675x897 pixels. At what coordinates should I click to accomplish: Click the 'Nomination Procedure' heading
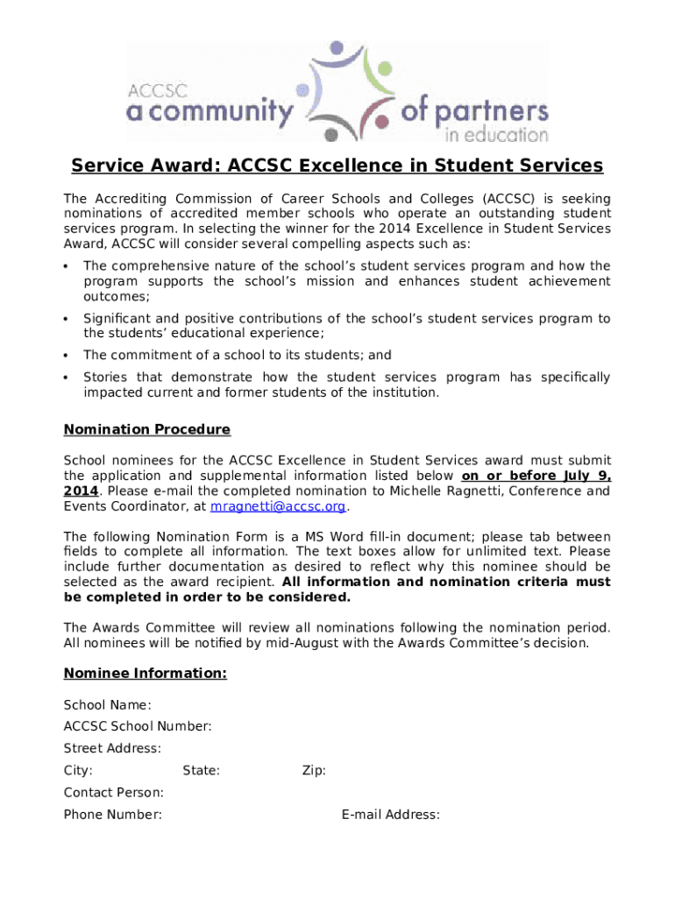pyautogui.click(x=147, y=429)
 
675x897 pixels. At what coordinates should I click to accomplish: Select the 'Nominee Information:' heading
pyautogui.click(x=146, y=673)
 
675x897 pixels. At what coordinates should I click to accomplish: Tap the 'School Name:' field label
pyautogui.click(x=107, y=705)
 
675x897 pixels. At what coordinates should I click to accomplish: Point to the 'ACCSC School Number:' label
pyautogui.click(x=138, y=726)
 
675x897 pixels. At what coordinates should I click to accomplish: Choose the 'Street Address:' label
pyautogui.click(x=112, y=748)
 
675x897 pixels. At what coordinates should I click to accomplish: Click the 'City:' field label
pyautogui.click(x=79, y=771)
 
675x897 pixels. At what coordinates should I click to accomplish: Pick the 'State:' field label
pyautogui.click(x=201, y=771)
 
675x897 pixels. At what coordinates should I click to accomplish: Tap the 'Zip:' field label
pyautogui.click(x=314, y=771)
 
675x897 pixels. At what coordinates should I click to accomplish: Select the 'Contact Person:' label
pyautogui.click(x=114, y=793)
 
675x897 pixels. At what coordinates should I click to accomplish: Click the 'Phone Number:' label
pyautogui.click(x=113, y=815)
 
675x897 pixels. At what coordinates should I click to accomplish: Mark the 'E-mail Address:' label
pyautogui.click(x=390, y=815)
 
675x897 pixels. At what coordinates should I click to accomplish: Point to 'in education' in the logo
pyautogui.click(x=496, y=135)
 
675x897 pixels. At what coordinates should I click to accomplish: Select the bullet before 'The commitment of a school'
pyautogui.click(x=67, y=356)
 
